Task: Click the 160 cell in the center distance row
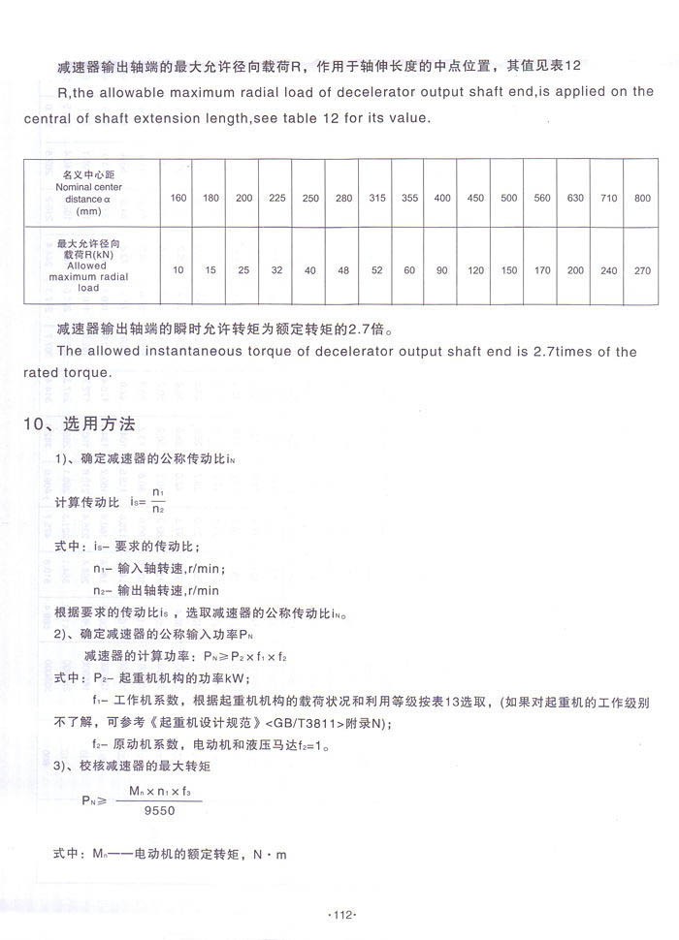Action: click(x=178, y=198)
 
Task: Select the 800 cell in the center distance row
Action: click(x=641, y=198)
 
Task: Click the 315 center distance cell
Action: click(x=377, y=198)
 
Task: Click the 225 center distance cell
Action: click(x=277, y=198)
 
